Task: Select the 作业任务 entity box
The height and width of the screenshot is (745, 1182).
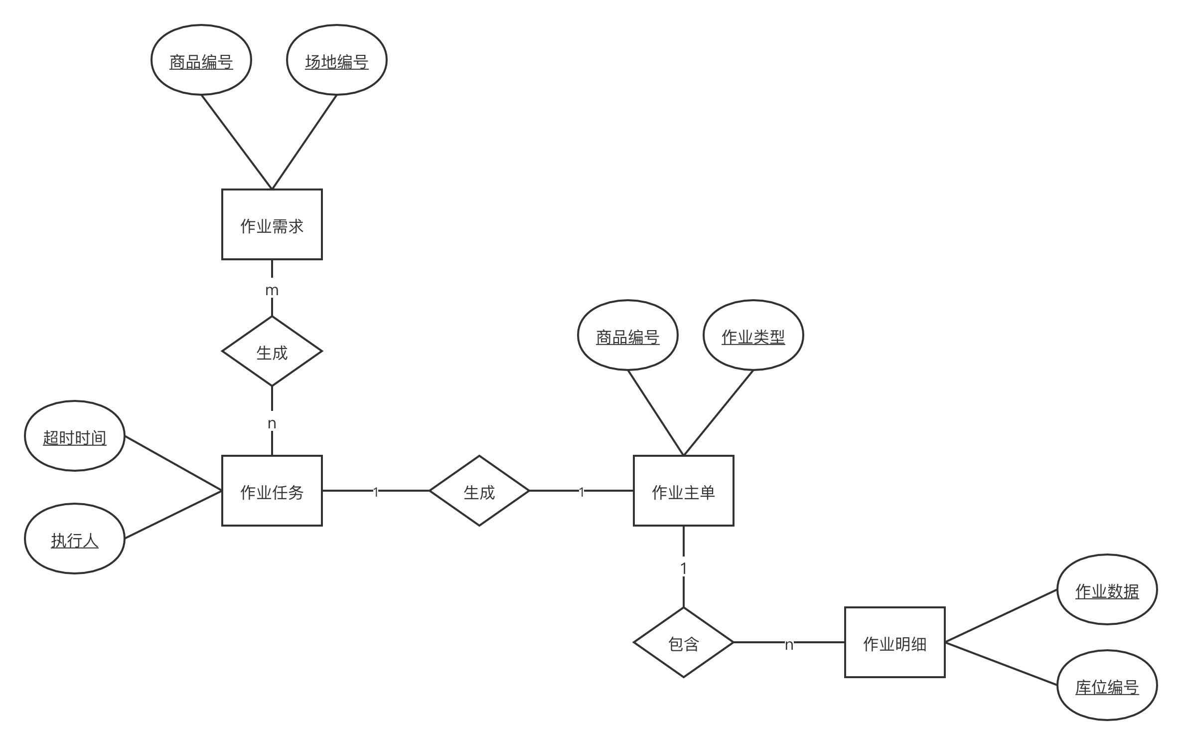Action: pos(272,491)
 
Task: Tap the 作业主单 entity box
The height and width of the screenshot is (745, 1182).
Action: pos(683,491)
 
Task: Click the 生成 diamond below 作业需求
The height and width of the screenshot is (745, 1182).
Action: pos(272,352)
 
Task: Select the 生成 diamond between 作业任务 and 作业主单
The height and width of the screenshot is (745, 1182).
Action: pos(479,491)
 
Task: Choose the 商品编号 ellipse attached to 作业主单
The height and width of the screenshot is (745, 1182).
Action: pos(628,336)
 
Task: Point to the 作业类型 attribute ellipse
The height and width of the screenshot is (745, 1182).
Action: pos(753,336)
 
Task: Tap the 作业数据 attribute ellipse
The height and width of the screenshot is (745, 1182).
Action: pos(1107,589)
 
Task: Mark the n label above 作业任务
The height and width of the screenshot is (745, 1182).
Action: pos(272,422)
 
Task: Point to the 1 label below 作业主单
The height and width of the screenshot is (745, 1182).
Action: pos(683,567)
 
